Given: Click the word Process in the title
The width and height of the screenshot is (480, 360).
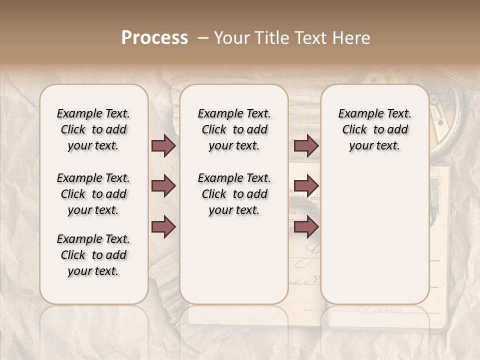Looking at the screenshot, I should [154, 38].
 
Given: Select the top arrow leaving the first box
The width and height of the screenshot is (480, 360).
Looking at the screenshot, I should [163, 146].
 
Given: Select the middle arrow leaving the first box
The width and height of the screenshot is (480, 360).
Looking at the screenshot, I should [163, 186].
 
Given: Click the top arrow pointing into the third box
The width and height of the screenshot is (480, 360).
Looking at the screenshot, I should [306, 146].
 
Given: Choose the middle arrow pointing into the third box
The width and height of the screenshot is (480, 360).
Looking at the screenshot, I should [306, 186].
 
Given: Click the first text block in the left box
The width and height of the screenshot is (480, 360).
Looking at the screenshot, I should [93, 129].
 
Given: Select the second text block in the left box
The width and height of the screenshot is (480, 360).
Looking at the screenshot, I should [93, 194].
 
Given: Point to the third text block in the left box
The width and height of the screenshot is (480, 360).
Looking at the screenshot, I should [93, 255].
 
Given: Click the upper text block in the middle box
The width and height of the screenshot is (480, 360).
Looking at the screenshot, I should [234, 129].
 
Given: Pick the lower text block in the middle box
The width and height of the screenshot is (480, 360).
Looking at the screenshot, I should [234, 194].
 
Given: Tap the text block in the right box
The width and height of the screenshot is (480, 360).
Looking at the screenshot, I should [374, 129].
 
